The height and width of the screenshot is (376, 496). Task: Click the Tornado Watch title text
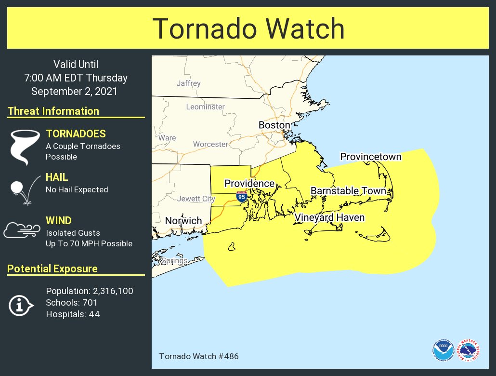pos(248,29)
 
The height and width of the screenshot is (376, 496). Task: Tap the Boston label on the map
pos(274,125)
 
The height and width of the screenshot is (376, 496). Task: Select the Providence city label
pos(249,184)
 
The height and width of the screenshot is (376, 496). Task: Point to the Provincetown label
pos(371,157)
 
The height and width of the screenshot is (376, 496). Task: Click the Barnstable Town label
pos(348,191)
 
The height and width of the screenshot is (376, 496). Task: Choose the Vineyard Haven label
pos(329,218)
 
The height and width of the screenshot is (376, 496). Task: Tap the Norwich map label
pos(183,221)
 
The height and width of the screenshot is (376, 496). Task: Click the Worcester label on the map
pos(210,144)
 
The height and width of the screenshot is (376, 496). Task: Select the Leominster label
pos(205,107)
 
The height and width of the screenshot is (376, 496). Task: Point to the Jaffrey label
pos(188,83)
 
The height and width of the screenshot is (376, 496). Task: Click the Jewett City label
pos(196,199)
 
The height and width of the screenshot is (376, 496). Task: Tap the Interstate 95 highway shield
pos(242,196)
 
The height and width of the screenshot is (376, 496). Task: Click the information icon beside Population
pos(20,305)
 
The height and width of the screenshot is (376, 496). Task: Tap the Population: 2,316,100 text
pos(90,291)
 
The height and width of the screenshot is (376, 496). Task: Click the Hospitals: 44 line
pos(73,314)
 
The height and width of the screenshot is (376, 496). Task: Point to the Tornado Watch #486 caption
pos(198,357)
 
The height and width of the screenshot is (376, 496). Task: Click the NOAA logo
pos(443,350)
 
